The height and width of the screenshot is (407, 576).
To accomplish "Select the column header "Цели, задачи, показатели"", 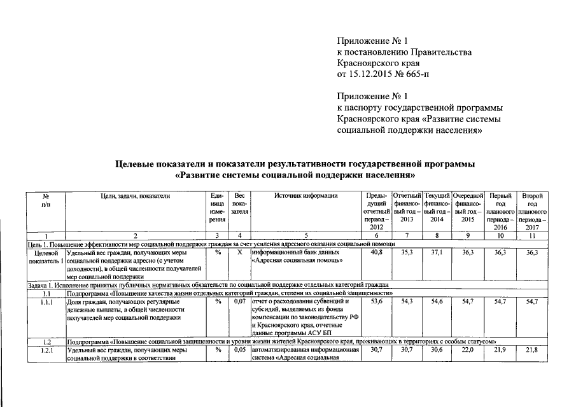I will tap(136, 196).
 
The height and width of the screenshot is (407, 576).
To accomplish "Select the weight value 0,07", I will tap(239, 300).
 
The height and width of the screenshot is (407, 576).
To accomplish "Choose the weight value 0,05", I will tap(239, 350).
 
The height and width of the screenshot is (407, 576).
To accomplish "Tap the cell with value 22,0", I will tap(468, 350).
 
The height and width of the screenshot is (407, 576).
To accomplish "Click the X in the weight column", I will tap(239, 252).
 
